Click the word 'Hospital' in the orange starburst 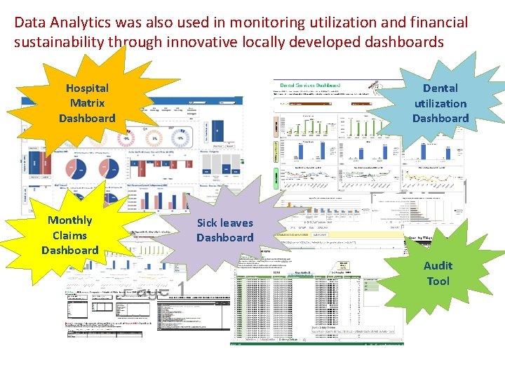(87, 88)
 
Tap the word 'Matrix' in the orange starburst (87, 103)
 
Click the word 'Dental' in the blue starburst (440, 88)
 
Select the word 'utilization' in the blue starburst (440, 103)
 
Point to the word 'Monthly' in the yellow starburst (69, 220)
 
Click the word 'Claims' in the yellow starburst (69, 235)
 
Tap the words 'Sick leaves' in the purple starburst (224, 223)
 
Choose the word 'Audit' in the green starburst (438, 266)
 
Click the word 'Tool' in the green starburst (438, 281)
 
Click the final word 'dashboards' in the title (405, 42)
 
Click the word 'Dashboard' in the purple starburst (224, 238)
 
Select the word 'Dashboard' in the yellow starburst (69, 251)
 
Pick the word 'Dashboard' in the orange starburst (87, 118)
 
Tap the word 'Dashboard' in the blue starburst (440, 118)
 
